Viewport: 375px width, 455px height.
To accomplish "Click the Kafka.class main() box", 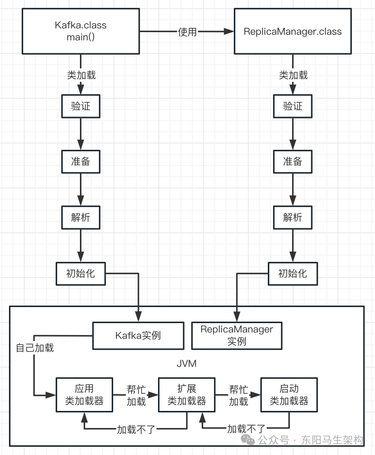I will tap(81, 31).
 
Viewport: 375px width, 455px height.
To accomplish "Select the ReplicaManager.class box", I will tap(292, 31).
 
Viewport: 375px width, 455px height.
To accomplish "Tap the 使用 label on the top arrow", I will tap(187, 32).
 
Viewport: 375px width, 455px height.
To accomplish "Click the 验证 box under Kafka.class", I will tap(81, 106).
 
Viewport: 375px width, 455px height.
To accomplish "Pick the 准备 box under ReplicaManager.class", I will tap(292, 162).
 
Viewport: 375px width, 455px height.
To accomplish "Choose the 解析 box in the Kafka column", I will tap(81, 217).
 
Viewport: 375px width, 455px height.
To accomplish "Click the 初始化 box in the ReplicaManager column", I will tap(292, 274).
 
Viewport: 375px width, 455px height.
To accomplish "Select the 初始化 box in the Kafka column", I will tap(81, 274).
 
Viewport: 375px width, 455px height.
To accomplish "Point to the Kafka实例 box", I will tap(138, 335).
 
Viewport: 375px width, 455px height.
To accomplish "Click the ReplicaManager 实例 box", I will tap(237, 335).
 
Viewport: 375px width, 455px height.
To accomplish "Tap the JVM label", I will tap(186, 363).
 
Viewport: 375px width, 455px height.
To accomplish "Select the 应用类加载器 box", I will tap(84, 395).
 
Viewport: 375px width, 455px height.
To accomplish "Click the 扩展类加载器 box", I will tap(187, 395).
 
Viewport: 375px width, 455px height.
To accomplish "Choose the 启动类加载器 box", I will tap(289, 395).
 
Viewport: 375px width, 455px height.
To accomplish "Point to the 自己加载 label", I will tap(35, 348).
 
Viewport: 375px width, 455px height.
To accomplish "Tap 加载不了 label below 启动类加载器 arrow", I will tap(247, 429).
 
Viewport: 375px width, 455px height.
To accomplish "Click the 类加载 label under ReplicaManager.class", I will tap(293, 75).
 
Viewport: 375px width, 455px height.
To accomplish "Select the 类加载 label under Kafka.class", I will tap(81, 75).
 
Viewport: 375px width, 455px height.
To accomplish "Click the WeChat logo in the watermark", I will tap(248, 440).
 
